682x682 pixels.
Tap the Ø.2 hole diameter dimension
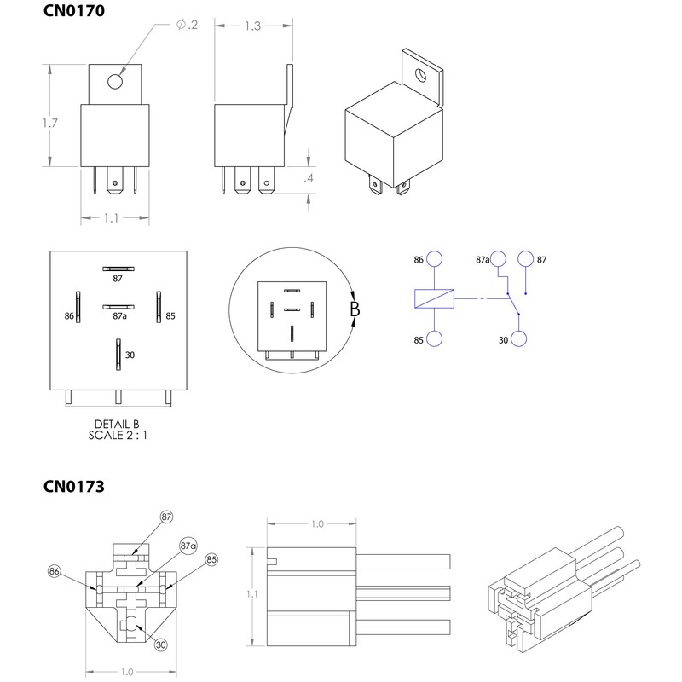tap(187, 25)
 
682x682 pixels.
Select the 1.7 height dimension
tap(49, 124)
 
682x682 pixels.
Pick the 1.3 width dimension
tap(252, 26)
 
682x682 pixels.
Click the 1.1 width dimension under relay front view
tap(112, 218)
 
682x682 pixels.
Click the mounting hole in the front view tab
tap(115, 82)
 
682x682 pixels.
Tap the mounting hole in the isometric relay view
tap(420, 74)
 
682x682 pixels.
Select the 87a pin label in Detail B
tap(120, 317)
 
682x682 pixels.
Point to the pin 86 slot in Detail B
tap(77, 308)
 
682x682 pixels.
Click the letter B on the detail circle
tap(355, 309)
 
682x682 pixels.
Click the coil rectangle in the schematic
tap(434, 298)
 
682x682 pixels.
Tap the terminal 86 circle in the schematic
tap(435, 259)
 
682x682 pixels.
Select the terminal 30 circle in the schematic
tap(519, 339)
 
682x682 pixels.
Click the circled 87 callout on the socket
tap(166, 517)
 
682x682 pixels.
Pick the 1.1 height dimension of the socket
tap(251, 593)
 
